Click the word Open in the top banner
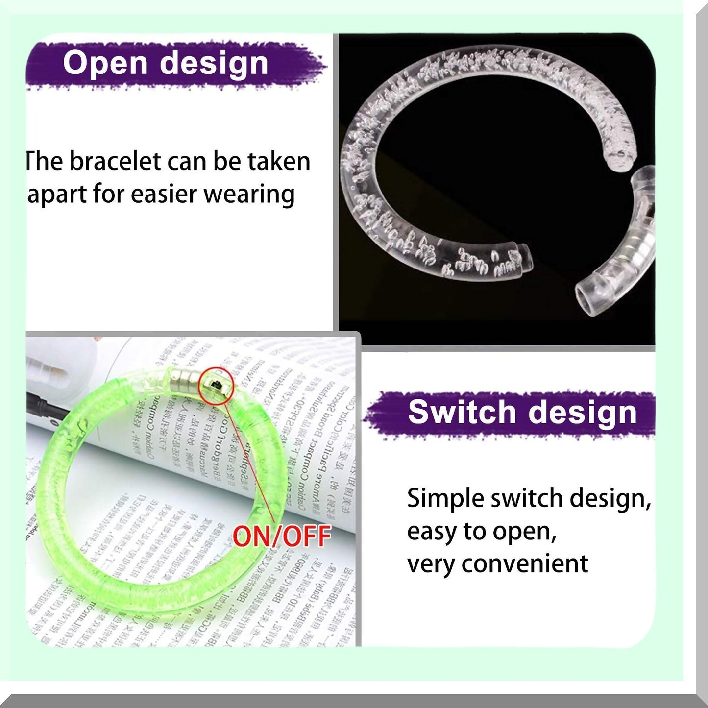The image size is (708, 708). pyautogui.click(x=105, y=64)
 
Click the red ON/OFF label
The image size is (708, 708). pyautogui.click(x=282, y=536)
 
